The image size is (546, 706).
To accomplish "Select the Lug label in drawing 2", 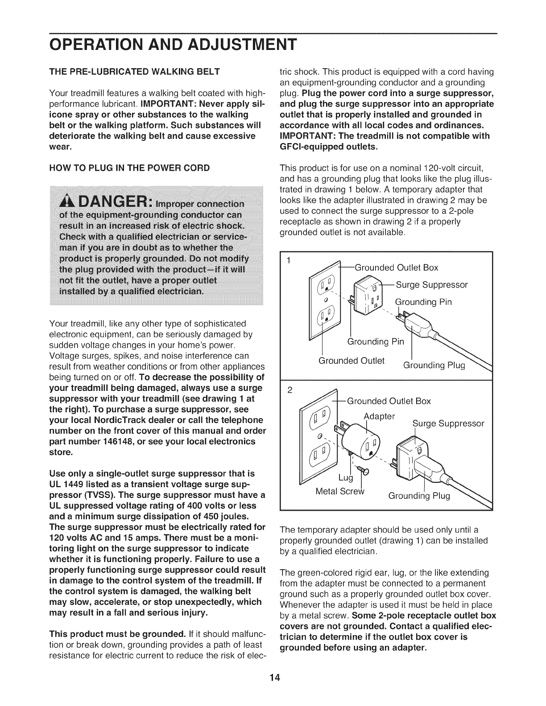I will pos(345,478).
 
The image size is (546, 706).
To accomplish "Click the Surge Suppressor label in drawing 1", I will pos(431,284).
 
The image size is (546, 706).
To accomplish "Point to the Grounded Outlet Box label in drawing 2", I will pos(389,401).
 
